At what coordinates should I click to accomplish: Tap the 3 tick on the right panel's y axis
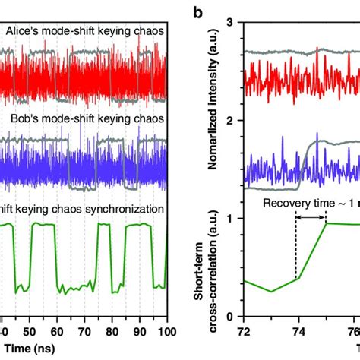pos(230,24)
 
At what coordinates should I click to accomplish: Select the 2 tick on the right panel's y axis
pos(230,122)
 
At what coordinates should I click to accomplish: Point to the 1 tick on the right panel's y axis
pos(230,219)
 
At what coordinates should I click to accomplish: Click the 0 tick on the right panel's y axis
pos(230,316)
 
